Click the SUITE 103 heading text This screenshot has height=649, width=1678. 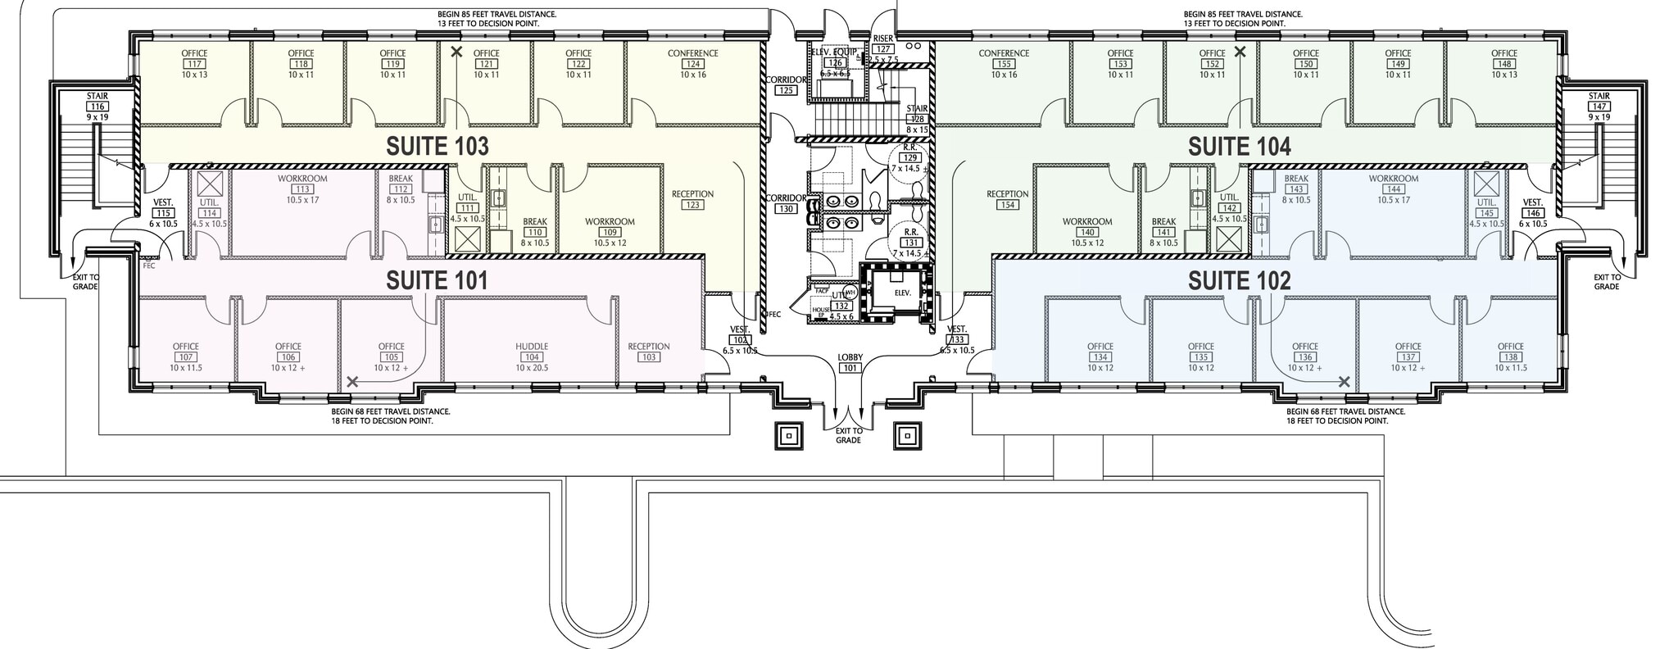438,147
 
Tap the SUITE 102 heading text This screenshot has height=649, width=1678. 1239,282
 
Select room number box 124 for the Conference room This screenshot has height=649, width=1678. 692,64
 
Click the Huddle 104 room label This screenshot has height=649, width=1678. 532,356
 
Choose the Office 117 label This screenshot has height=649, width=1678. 194,64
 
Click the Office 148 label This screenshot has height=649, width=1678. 1503,64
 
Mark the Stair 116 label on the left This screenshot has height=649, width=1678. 98,107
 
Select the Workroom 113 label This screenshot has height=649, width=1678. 302,188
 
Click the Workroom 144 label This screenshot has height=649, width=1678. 1393,188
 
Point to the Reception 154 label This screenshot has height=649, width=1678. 1007,200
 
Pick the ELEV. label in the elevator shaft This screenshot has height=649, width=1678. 902,292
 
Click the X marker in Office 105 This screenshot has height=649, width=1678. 352,382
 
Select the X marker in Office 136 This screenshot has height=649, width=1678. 1345,382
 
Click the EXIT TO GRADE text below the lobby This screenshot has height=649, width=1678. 848,435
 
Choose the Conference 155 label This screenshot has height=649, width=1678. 1004,64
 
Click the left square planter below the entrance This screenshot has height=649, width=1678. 789,437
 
